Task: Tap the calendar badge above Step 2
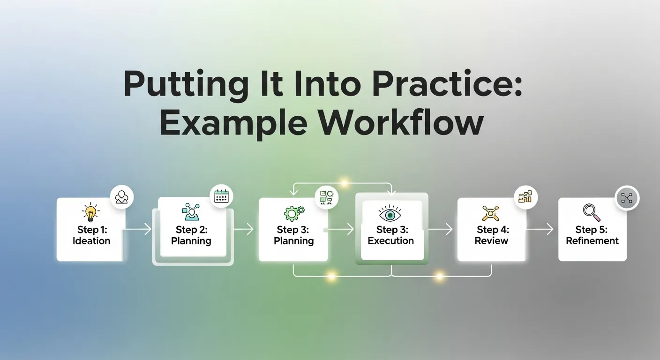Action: (x=221, y=196)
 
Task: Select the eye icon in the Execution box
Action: (x=390, y=213)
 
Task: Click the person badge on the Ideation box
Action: (x=122, y=196)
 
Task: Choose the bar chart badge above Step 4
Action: (x=525, y=196)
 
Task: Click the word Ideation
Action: (x=91, y=241)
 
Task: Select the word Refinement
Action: (x=592, y=241)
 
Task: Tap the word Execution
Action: (x=390, y=241)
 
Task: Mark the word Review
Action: (x=491, y=241)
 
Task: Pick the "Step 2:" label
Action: (x=191, y=229)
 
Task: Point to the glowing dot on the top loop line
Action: (x=345, y=183)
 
